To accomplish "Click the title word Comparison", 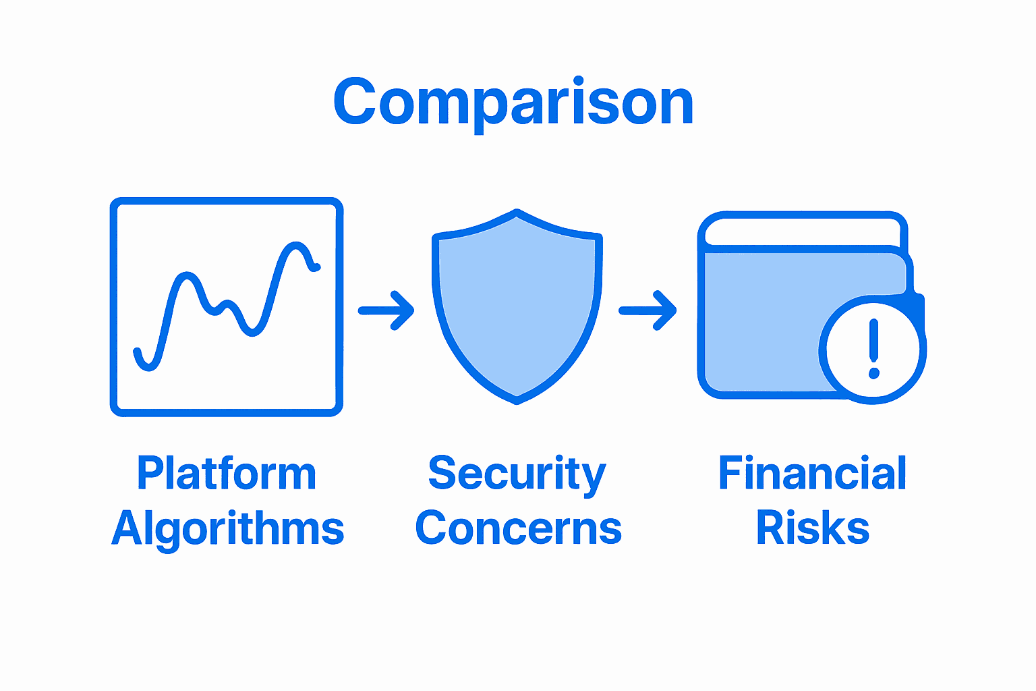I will tap(514, 103).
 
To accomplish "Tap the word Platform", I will tap(227, 474).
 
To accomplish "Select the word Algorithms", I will tap(228, 528).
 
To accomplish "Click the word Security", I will tap(517, 474).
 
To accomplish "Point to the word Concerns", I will tap(518, 528).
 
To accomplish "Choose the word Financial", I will tap(812, 474).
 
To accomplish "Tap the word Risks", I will tap(812, 528).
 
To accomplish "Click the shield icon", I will tap(517, 307).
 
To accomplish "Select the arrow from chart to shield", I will tap(386, 310).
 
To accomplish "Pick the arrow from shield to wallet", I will tap(647, 310).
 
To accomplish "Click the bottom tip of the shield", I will tap(517, 400).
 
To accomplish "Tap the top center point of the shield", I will tap(517, 213).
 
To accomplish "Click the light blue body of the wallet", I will tap(762, 317).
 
